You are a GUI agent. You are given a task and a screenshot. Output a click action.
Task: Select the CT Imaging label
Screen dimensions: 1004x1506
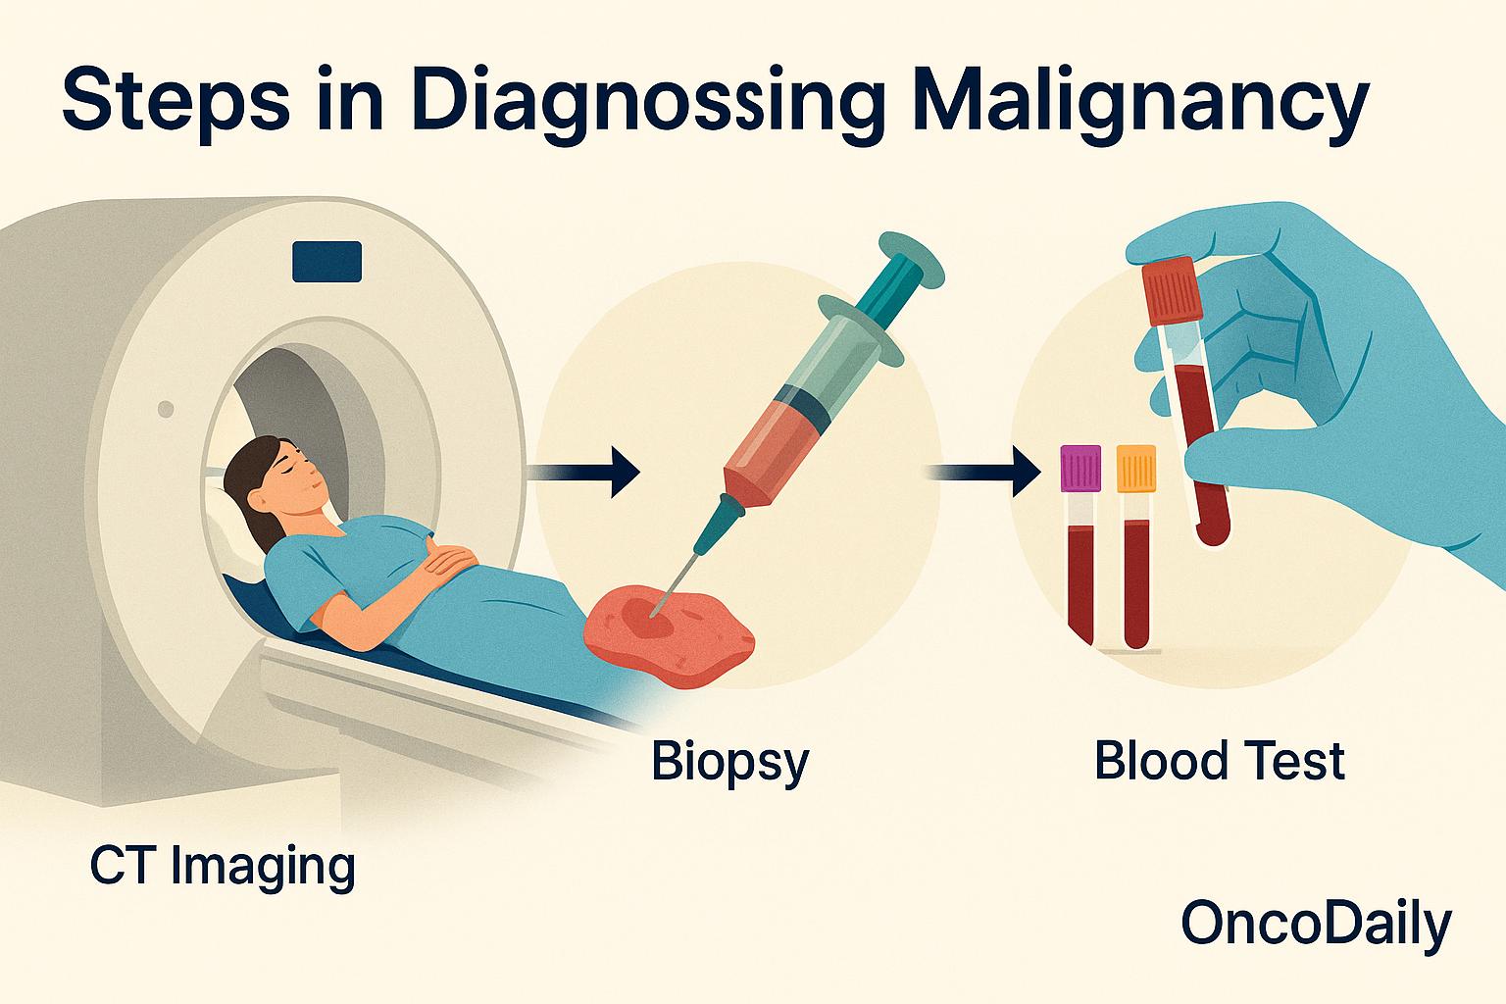tap(223, 867)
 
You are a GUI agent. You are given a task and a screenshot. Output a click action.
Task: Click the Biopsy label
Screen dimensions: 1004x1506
tap(729, 762)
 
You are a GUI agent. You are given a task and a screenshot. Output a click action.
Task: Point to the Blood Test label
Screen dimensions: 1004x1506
tap(1219, 762)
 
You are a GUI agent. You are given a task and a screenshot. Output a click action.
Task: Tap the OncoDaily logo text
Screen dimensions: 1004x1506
tap(1315, 924)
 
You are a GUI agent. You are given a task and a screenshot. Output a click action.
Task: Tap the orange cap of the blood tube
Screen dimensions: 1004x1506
tap(1136, 468)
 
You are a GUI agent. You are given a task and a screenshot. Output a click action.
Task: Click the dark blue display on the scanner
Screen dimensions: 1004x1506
tap(326, 262)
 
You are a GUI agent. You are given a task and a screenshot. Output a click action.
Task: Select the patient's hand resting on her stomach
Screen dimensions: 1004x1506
tap(452, 562)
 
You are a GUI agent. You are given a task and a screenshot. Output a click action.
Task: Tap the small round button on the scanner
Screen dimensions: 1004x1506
tap(166, 408)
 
